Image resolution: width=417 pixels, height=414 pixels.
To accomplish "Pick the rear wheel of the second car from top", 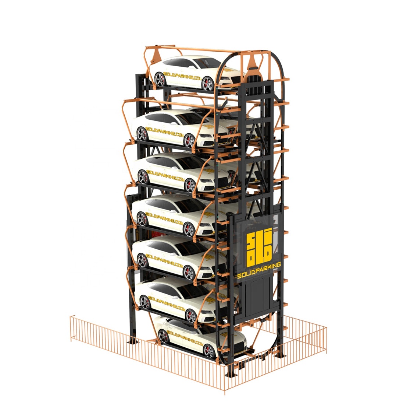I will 142,133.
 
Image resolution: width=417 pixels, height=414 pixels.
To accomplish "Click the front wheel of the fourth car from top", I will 189,229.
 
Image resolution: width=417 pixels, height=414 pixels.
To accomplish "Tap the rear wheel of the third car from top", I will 143,176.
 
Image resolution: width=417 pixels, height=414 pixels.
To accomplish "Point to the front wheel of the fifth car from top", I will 189,273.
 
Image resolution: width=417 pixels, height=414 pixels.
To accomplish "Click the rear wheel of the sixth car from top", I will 145,302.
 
